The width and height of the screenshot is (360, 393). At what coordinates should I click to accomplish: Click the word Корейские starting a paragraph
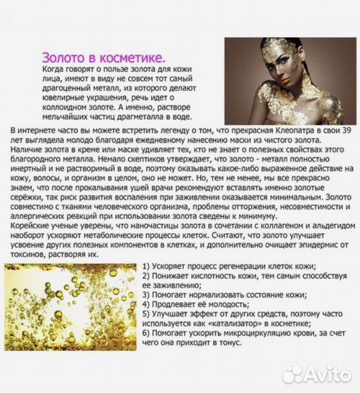pyautogui.click(x=34, y=225)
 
